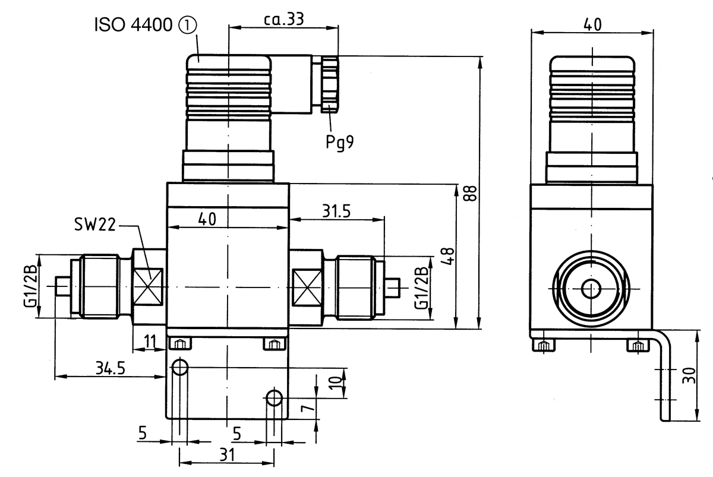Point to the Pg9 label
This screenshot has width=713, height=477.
(339, 143)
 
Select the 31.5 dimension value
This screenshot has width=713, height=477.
(336, 211)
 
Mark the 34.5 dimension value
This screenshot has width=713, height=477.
(111, 368)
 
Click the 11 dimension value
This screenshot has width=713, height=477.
(150, 342)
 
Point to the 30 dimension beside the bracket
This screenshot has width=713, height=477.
(689, 376)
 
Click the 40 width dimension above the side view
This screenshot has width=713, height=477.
(592, 24)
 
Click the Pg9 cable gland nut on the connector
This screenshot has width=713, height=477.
(329, 84)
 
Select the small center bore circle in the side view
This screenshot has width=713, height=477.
(591, 290)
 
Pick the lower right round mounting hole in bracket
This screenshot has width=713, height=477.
(274, 397)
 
